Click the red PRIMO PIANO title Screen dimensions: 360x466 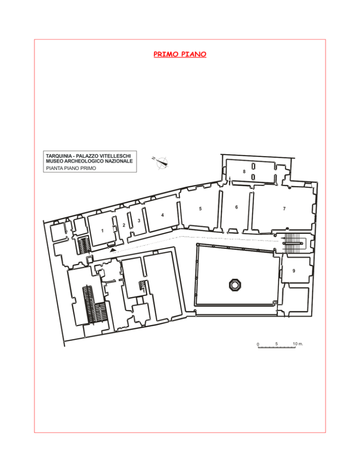(x=180, y=54)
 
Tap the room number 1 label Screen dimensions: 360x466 (x=102, y=231)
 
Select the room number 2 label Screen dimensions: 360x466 (x=124, y=225)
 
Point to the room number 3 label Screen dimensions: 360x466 (x=139, y=220)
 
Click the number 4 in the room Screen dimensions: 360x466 (x=162, y=215)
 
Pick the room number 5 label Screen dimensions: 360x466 (x=200, y=209)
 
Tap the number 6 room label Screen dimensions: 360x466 (x=237, y=207)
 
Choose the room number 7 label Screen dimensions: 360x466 (x=285, y=209)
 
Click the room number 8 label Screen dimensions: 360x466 (x=244, y=172)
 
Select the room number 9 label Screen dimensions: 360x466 (x=294, y=271)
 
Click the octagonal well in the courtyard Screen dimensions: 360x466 (x=235, y=285)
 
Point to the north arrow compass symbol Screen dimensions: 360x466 (x=161, y=162)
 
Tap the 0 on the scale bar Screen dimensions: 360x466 (x=258, y=345)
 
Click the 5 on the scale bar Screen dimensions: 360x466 (x=277, y=344)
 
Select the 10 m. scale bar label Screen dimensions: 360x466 (x=298, y=344)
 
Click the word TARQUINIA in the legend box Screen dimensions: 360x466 (x=59, y=156)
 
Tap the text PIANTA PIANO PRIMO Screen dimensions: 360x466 (x=71, y=168)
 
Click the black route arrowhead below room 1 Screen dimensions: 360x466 (x=112, y=251)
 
